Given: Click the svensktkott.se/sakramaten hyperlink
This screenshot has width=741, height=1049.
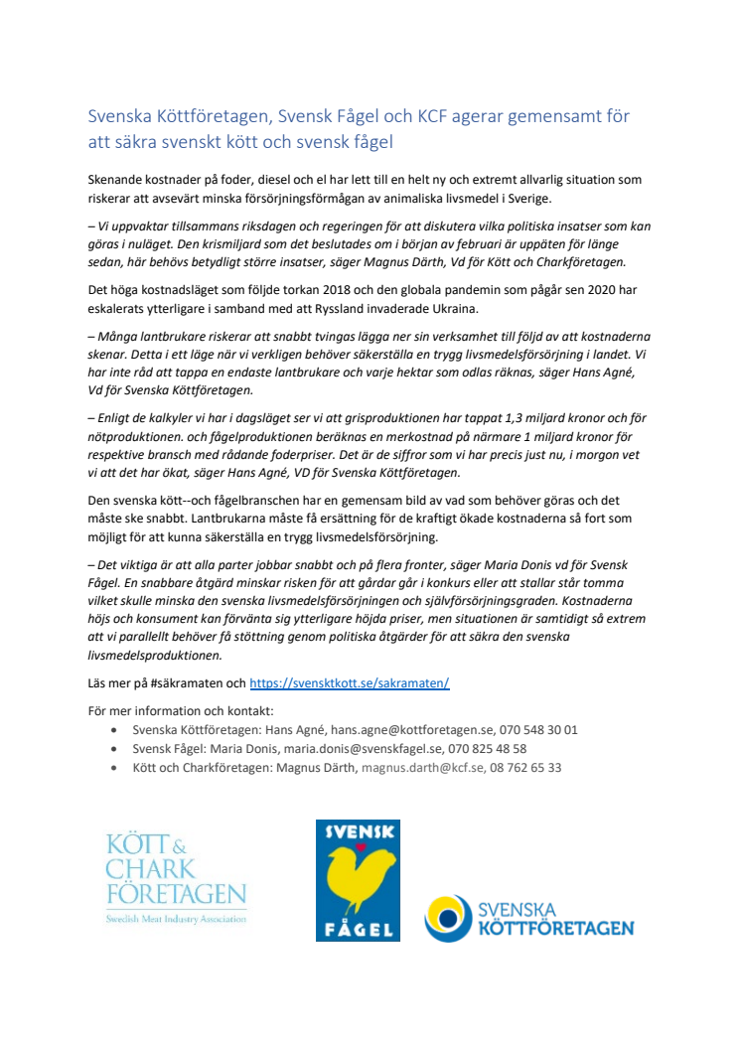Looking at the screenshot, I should tap(350, 683).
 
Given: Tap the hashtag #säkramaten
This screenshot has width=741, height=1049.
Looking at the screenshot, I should tap(194, 683).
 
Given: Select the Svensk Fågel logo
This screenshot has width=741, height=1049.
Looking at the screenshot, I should tap(358, 880).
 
